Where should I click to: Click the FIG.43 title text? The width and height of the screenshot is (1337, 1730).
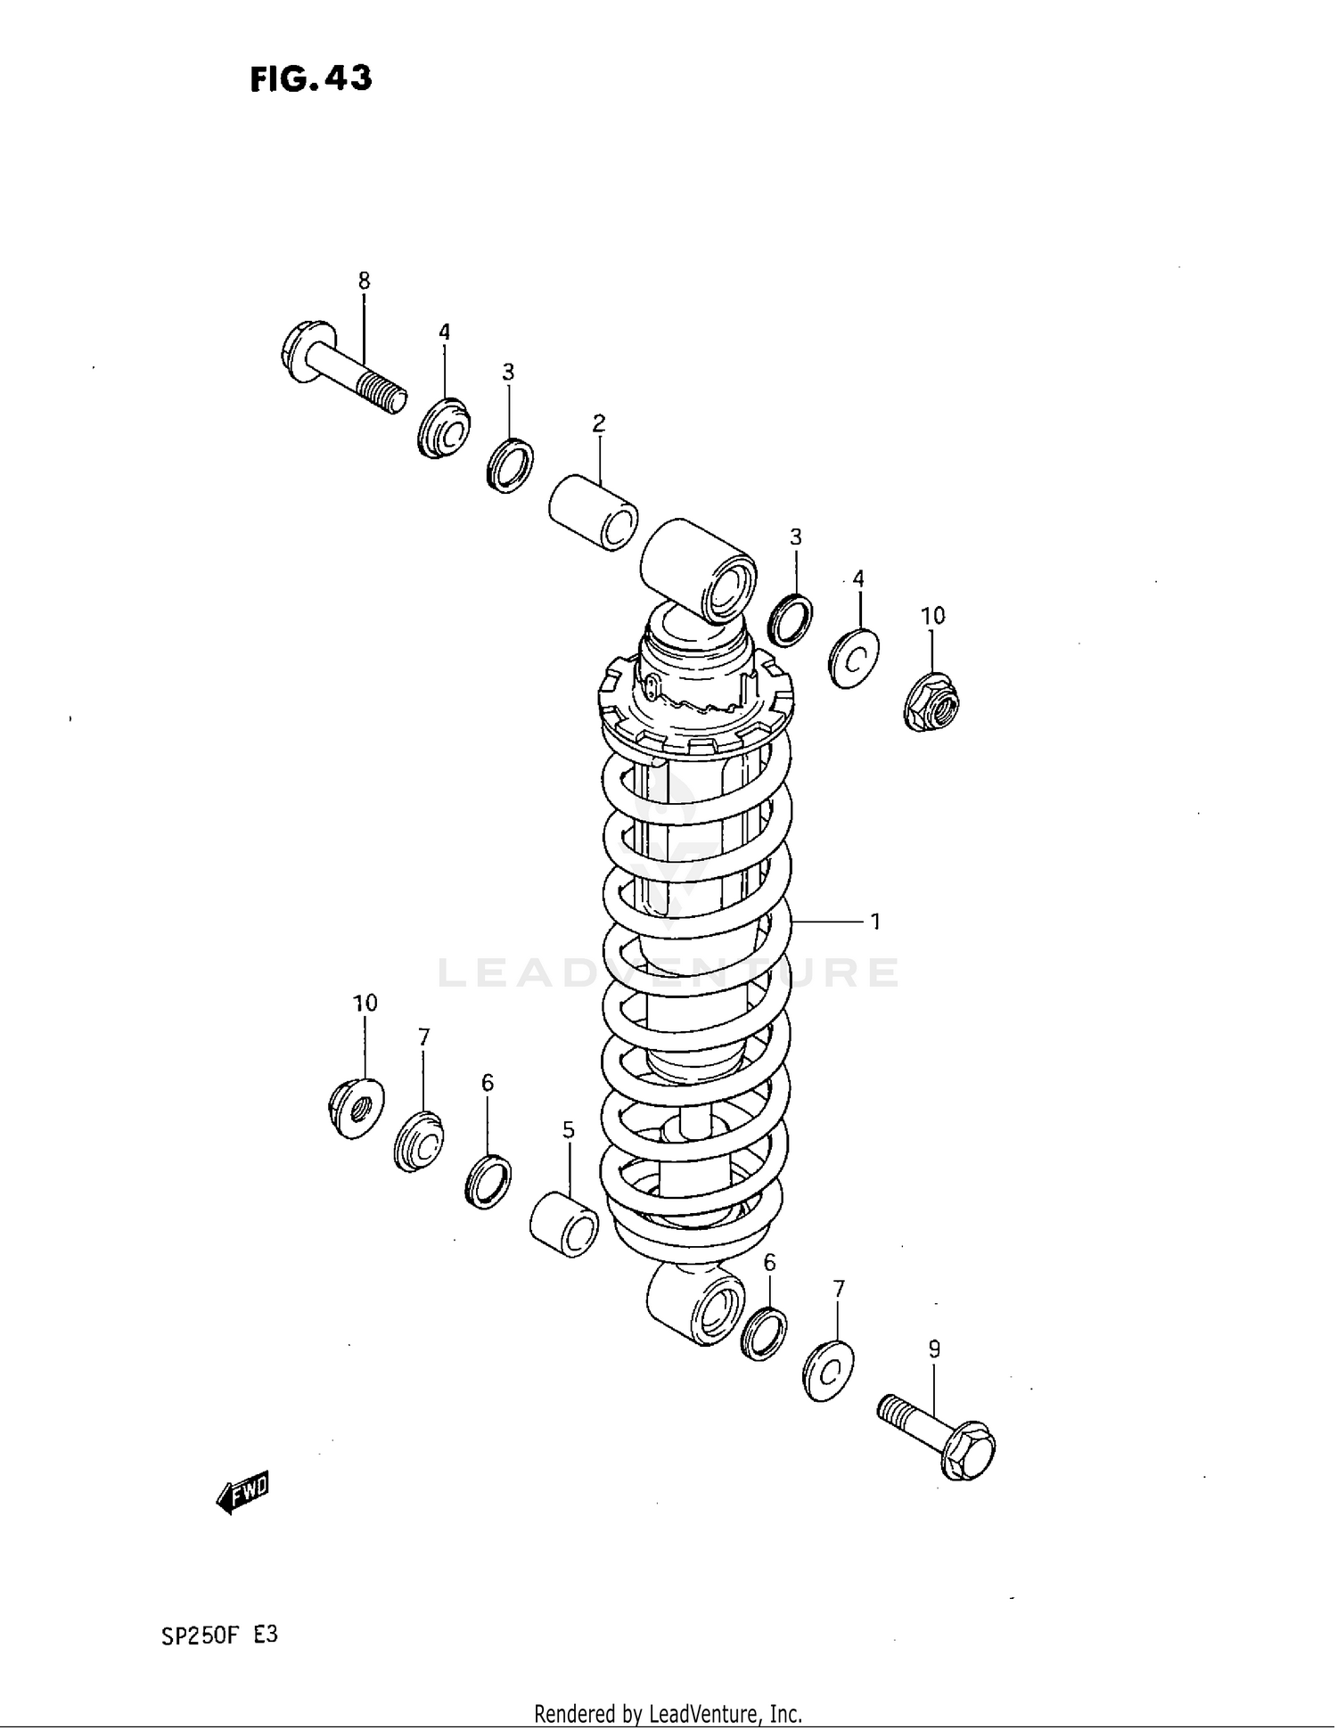pyautogui.click(x=310, y=79)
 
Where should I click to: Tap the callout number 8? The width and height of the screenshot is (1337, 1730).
pyautogui.click(x=364, y=281)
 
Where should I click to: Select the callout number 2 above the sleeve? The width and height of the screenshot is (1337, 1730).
pyautogui.click(x=599, y=422)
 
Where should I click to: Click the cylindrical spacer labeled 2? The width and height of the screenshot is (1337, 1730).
pyautogui.click(x=593, y=512)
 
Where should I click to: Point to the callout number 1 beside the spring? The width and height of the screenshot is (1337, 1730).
pyautogui.click(x=875, y=922)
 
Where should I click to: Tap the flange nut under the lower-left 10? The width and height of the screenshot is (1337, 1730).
pyautogui.click(x=356, y=1107)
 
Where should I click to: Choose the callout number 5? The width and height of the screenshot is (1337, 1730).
pyautogui.click(x=569, y=1130)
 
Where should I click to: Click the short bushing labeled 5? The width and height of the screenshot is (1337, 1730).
pyautogui.click(x=564, y=1225)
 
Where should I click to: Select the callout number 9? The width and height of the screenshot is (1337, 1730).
pyautogui.click(x=934, y=1349)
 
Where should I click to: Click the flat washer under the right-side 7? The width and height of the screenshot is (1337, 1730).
pyautogui.click(x=828, y=1370)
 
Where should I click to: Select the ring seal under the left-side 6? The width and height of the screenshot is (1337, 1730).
pyautogui.click(x=488, y=1181)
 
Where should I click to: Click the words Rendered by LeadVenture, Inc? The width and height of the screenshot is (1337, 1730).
pyautogui.click(x=668, y=1713)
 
